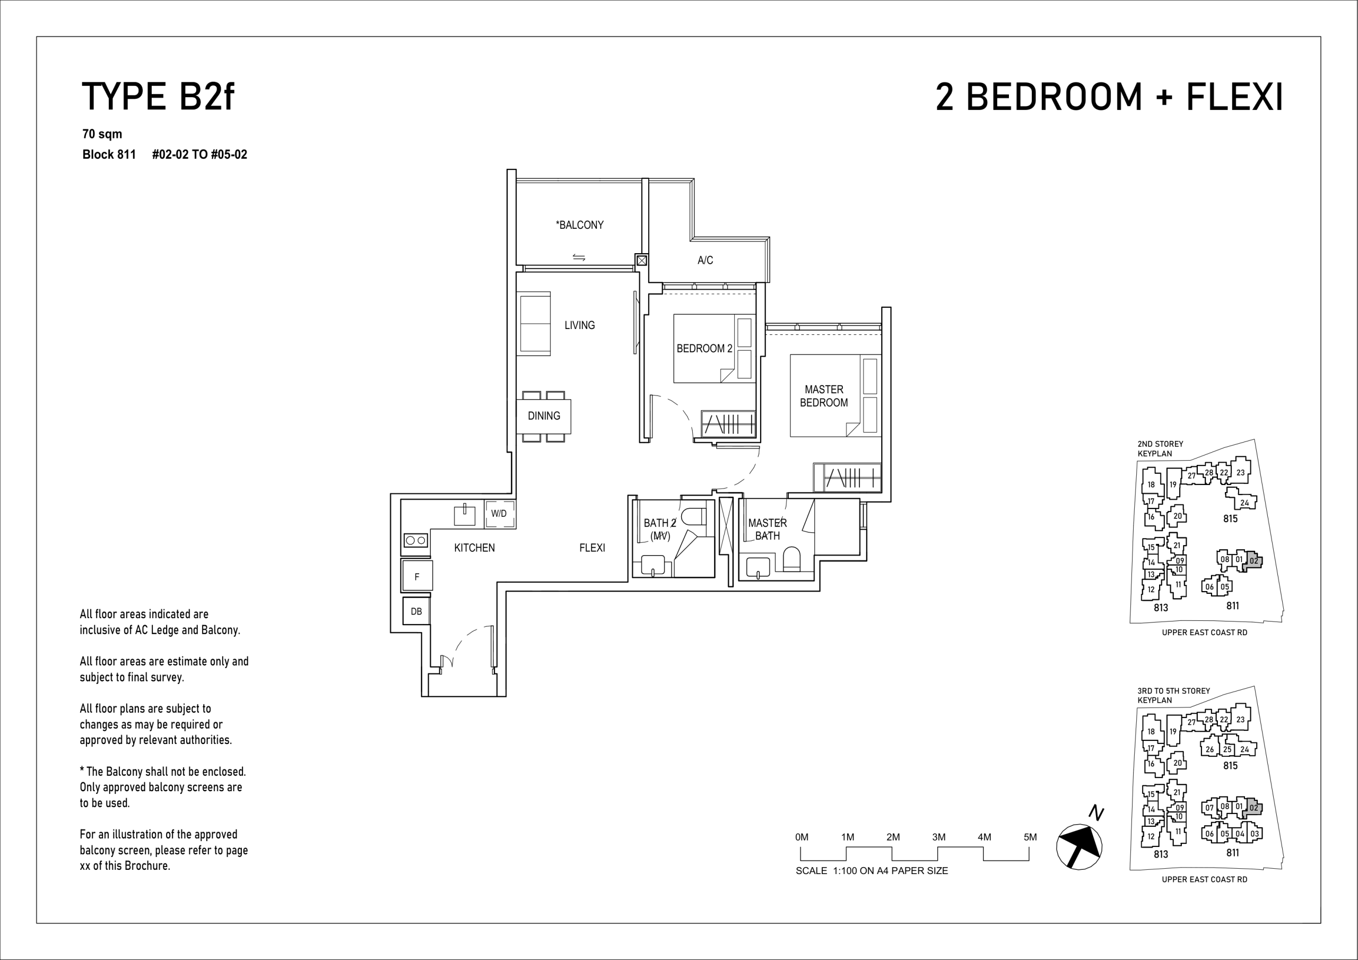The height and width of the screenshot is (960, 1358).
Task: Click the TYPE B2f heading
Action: pyautogui.click(x=158, y=97)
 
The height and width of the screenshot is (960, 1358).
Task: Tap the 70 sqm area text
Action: pyautogui.click(x=102, y=134)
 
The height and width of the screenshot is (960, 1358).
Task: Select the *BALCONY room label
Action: pyautogui.click(x=580, y=225)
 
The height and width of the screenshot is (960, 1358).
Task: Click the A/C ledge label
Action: pyautogui.click(x=705, y=260)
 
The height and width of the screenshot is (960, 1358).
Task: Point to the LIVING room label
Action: pyautogui.click(x=580, y=325)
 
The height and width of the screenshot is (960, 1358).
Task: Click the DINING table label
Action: pyautogui.click(x=544, y=416)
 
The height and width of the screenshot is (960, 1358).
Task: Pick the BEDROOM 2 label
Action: pyautogui.click(x=704, y=349)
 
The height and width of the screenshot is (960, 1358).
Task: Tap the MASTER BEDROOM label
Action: pyautogui.click(x=824, y=396)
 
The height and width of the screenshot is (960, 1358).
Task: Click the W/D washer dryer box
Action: pyautogui.click(x=499, y=514)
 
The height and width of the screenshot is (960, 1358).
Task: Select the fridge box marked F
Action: pyautogui.click(x=417, y=576)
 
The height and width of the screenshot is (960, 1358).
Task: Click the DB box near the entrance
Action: pyautogui.click(x=416, y=611)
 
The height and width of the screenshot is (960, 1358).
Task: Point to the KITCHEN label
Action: pyautogui.click(x=474, y=548)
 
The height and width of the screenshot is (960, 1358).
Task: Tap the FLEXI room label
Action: pyautogui.click(x=592, y=548)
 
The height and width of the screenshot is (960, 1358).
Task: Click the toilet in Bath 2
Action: pyautogui.click(x=693, y=517)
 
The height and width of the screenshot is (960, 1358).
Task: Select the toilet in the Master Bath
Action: pyautogui.click(x=791, y=559)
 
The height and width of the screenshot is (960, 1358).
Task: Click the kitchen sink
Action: pyautogui.click(x=464, y=515)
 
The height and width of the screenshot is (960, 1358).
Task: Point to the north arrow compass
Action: pyautogui.click(x=1080, y=846)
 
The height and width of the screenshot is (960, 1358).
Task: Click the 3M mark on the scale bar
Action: pyautogui.click(x=938, y=837)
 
